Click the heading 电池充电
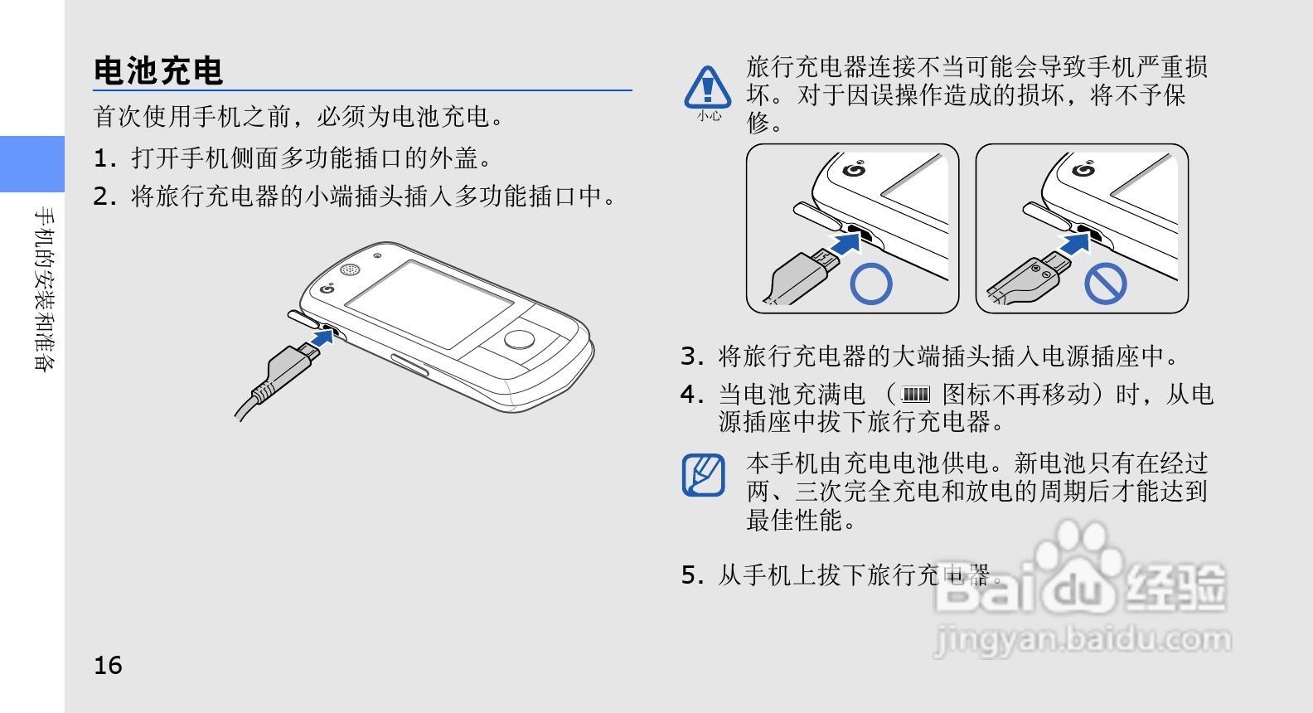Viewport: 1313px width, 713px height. tap(158, 70)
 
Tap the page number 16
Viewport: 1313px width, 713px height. tap(108, 665)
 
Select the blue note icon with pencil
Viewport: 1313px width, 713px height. tap(704, 475)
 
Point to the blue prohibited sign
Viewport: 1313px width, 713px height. tap(1106, 284)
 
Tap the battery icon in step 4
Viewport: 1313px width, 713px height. tap(915, 394)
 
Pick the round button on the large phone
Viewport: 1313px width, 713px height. tap(520, 339)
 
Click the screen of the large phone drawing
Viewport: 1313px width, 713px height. tap(429, 305)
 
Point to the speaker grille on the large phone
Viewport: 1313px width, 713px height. tap(350, 269)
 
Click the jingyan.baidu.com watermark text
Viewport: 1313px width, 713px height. tap(1082, 639)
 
